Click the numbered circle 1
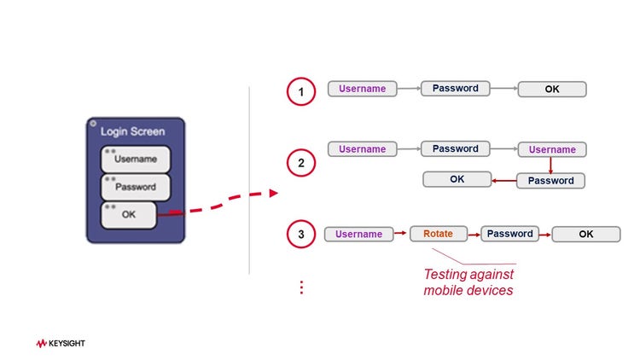(x=301, y=90)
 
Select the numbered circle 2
(x=301, y=161)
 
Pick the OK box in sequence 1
(x=552, y=89)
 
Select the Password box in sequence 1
(x=455, y=89)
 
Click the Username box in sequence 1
(x=363, y=89)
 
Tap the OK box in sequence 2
(x=457, y=179)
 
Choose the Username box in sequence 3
(x=358, y=234)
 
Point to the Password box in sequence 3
(x=510, y=234)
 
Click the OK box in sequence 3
(x=585, y=234)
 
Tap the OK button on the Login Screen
(x=129, y=215)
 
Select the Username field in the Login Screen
(x=136, y=160)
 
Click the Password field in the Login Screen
(x=136, y=187)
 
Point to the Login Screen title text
(x=133, y=131)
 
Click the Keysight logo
(x=61, y=344)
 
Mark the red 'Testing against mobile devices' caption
(x=469, y=283)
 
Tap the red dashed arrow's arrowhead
(x=273, y=193)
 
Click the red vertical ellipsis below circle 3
(x=301, y=287)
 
